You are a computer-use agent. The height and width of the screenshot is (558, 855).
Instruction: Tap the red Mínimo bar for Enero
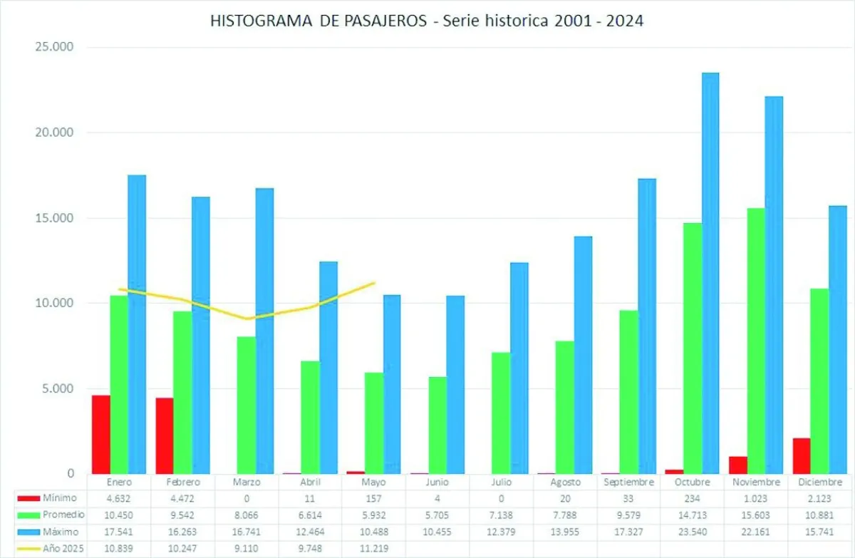(x=101, y=434)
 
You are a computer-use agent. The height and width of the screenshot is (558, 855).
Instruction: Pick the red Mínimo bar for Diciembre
(x=802, y=455)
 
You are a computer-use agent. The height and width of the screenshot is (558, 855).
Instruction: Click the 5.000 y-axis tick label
(x=57, y=388)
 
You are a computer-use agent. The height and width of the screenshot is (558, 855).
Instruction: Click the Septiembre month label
(x=628, y=482)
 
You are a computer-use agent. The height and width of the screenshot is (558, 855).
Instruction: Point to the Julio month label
(x=501, y=482)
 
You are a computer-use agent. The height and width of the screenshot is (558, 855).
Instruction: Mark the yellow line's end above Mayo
(x=374, y=283)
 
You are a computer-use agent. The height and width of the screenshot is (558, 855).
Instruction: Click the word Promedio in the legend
(x=63, y=515)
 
